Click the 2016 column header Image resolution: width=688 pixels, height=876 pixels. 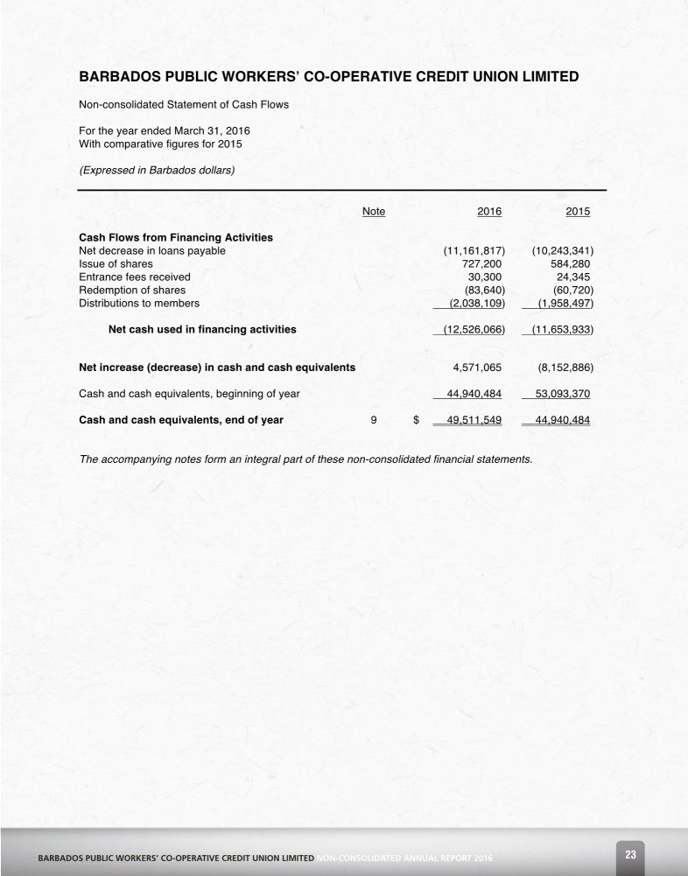click(x=489, y=211)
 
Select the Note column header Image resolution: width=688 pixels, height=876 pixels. click(x=374, y=211)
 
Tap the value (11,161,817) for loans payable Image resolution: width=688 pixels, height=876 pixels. click(x=474, y=250)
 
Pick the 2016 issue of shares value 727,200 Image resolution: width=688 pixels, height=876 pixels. click(x=481, y=263)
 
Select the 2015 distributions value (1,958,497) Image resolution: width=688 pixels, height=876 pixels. click(x=563, y=303)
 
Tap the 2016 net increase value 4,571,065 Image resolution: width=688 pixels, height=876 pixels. click(x=477, y=368)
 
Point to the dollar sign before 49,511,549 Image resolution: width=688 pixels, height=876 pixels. click(x=416, y=420)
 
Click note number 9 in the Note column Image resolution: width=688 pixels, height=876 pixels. click(x=374, y=420)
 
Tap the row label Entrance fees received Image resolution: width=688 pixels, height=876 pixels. click(x=135, y=277)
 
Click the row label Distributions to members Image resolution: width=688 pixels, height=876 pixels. click(x=139, y=303)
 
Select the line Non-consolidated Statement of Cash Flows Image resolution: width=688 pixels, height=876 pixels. click(x=184, y=105)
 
